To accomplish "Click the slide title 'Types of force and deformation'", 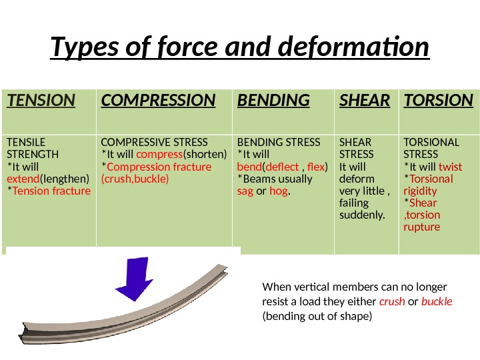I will point(240,49).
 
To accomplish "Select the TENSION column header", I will point(41,101).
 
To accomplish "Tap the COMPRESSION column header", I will point(158,101).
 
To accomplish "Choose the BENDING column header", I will point(273,101).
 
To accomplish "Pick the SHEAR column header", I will point(365,101).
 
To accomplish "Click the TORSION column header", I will point(438,101).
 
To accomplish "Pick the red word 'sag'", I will point(245,191).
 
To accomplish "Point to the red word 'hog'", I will point(278,191).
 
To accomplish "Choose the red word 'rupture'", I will point(422,227).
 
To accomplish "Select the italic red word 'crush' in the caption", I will point(391,301).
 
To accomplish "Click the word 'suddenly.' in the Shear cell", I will point(362,215).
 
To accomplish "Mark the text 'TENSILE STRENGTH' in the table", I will point(32,148).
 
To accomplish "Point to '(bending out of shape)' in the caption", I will point(317,316).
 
